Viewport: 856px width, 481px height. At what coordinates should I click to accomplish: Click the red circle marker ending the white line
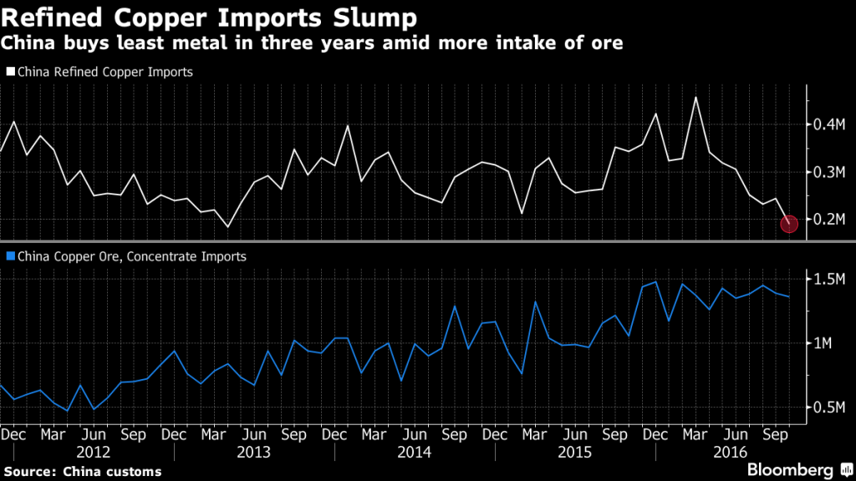(789, 223)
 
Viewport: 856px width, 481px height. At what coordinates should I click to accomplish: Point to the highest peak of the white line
(695, 97)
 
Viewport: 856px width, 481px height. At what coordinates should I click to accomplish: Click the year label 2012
(94, 452)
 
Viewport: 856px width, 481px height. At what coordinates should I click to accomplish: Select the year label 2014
(415, 452)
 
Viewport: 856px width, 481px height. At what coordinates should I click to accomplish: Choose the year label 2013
(255, 452)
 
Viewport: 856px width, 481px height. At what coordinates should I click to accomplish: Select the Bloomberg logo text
(789, 469)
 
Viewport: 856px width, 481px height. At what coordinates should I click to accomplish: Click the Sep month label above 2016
(776, 435)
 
